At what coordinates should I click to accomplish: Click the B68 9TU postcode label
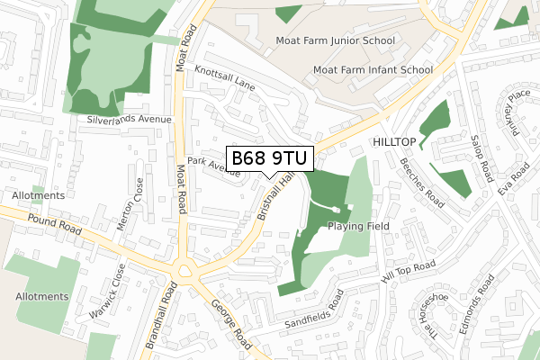coord(270,159)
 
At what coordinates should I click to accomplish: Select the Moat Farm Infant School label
coord(372,69)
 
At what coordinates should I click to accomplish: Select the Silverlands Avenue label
coord(129,119)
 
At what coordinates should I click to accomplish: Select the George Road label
coord(231,327)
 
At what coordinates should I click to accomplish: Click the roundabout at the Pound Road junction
coord(187,268)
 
